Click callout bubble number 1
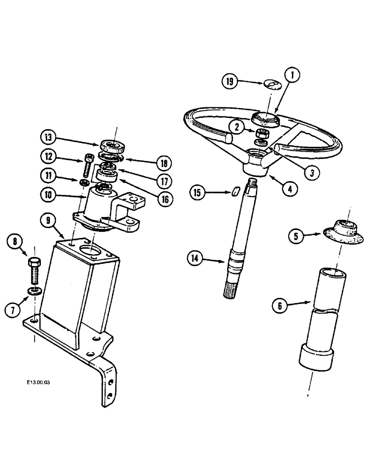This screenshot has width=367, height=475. click(x=293, y=75)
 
